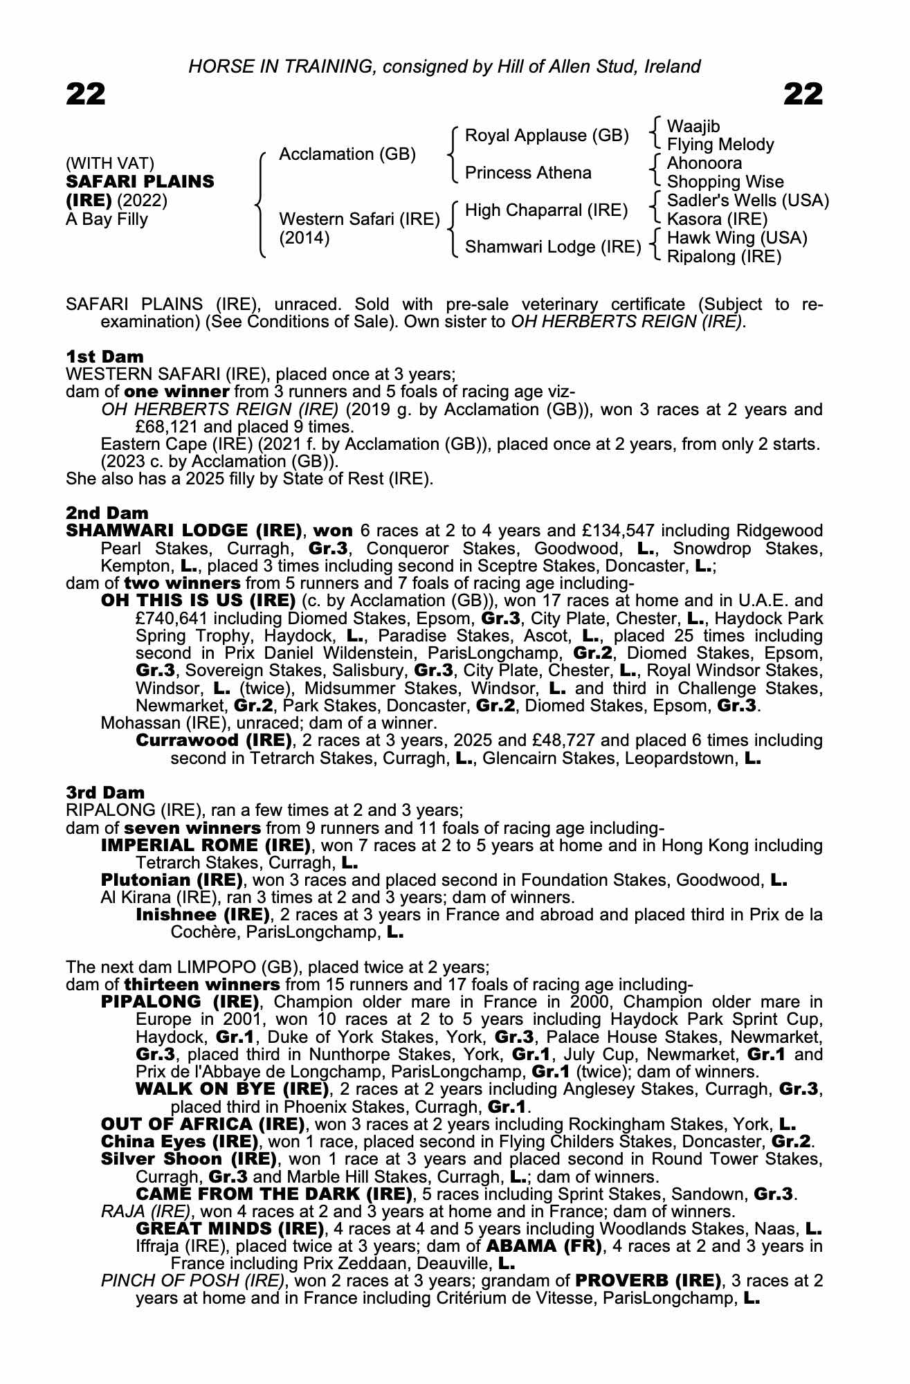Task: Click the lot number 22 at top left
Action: pos(86,93)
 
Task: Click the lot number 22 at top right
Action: pos(803,93)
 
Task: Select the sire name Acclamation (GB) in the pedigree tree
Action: pos(347,154)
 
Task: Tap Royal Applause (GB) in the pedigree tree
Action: pos(547,135)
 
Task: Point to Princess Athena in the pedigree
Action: pos(528,172)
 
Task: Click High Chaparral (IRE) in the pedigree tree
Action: pos(546,210)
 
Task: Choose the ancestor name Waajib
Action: pos(693,126)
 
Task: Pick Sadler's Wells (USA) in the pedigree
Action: pos(747,201)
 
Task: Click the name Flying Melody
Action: pos(720,145)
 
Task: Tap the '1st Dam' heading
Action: pos(104,356)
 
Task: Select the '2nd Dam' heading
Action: pos(107,513)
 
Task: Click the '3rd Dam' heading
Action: pos(105,792)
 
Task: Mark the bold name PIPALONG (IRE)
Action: pos(179,1002)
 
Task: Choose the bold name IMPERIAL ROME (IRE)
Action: pos(206,845)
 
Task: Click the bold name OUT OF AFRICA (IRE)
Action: pos(203,1124)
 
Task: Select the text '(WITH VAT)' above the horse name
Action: pos(109,163)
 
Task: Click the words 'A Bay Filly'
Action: pos(107,219)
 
